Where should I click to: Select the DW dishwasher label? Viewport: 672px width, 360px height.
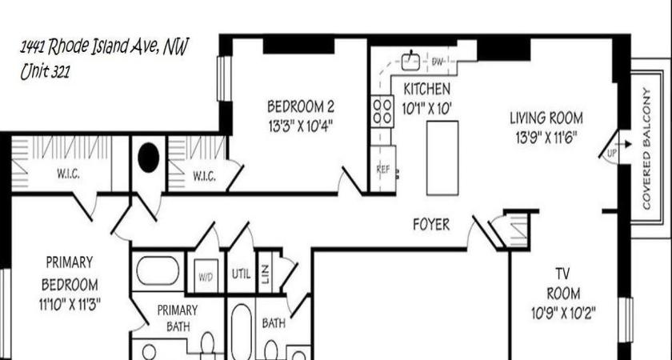click(x=438, y=62)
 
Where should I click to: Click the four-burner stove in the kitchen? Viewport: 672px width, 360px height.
click(x=382, y=110)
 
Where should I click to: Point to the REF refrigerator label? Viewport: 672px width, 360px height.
click(x=382, y=170)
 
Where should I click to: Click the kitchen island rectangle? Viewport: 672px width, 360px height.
click(x=442, y=158)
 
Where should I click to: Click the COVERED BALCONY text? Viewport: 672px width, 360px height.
click(x=646, y=148)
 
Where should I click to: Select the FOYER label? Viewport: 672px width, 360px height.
click(x=431, y=225)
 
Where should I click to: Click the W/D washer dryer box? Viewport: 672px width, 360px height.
click(x=206, y=276)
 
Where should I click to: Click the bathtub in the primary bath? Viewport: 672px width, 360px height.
click(x=157, y=270)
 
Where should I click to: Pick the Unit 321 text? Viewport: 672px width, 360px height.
click(x=45, y=72)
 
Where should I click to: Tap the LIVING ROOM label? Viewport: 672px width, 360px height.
click(x=546, y=118)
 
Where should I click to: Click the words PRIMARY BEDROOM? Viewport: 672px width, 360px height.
click(x=70, y=273)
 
